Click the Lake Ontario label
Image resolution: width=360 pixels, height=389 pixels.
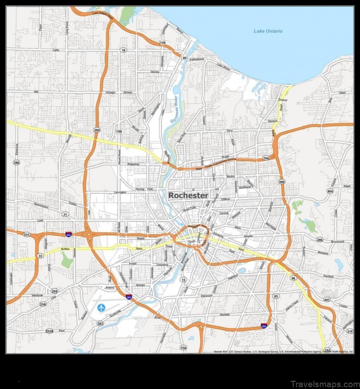[x=268, y=31]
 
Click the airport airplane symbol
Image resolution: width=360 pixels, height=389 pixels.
[x=101, y=307]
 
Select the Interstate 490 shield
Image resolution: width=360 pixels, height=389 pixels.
[x=69, y=235]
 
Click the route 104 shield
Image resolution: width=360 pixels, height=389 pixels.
[x=266, y=158]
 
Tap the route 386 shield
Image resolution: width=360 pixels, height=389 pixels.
[x=16, y=162]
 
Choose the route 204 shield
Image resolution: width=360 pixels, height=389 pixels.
[x=54, y=291]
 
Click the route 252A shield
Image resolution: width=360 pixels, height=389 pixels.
[x=49, y=331]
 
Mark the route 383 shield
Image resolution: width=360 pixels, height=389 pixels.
[x=100, y=323]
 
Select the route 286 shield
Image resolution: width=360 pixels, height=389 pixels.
[x=319, y=240]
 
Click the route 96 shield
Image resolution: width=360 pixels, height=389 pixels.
[x=293, y=278]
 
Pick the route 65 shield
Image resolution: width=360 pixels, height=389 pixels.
[x=275, y=296]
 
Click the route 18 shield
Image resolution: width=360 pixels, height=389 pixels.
[x=123, y=50]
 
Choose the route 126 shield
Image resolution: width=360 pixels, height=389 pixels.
[x=163, y=43]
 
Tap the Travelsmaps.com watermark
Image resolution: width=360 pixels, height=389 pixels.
[x=324, y=384]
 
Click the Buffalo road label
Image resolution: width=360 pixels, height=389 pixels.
[x=66, y=249]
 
